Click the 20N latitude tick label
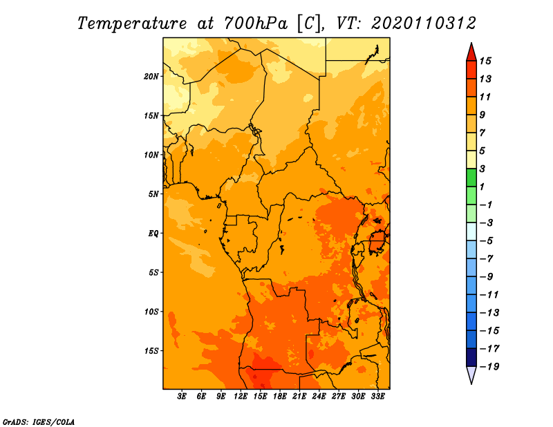pos(151,77)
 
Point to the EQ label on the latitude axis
pos(153,234)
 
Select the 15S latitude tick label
pos(151,351)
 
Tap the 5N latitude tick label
pos(153,194)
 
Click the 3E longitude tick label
pos(182,397)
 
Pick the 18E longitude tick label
pos(280,397)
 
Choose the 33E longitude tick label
pos(377,397)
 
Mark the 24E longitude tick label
pos(319,397)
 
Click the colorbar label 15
pos(485,61)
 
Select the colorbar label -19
pos(489,367)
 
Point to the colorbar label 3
pos(482,169)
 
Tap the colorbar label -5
pos(487,241)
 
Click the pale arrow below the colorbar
pos(471,374)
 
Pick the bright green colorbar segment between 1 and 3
pos(471,178)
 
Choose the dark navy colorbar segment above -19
pos(471,357)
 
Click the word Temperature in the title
pos(132,23)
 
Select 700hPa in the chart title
pos(255,23)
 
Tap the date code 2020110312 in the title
pos(424,23)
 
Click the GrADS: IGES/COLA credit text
pos(39,422)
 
